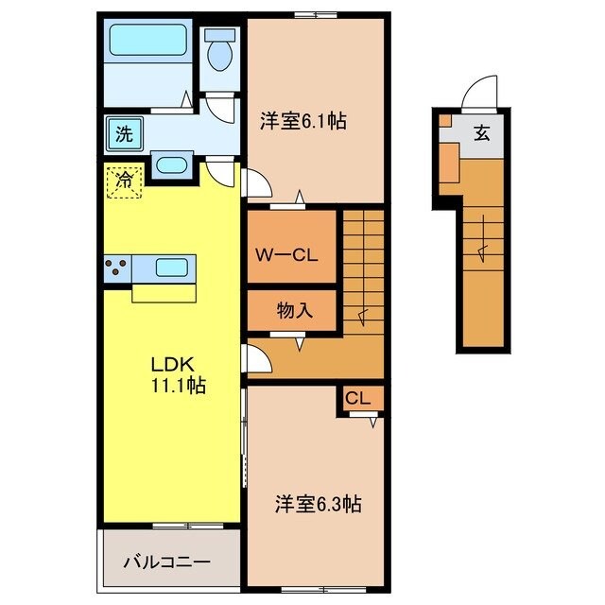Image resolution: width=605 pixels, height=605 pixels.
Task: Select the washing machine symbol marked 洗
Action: tap(125, 133)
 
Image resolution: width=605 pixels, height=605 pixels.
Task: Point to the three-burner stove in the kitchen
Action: tap(117, 268)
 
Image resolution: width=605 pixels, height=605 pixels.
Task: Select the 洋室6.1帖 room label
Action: tap(302, 122)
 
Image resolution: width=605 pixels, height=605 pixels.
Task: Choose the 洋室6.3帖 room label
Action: tap(318, 504)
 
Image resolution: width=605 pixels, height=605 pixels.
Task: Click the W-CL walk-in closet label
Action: tap(291, 253)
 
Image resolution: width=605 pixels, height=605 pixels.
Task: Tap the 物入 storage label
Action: tap(292, 308)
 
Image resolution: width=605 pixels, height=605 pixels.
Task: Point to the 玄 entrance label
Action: tap(481, 133)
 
